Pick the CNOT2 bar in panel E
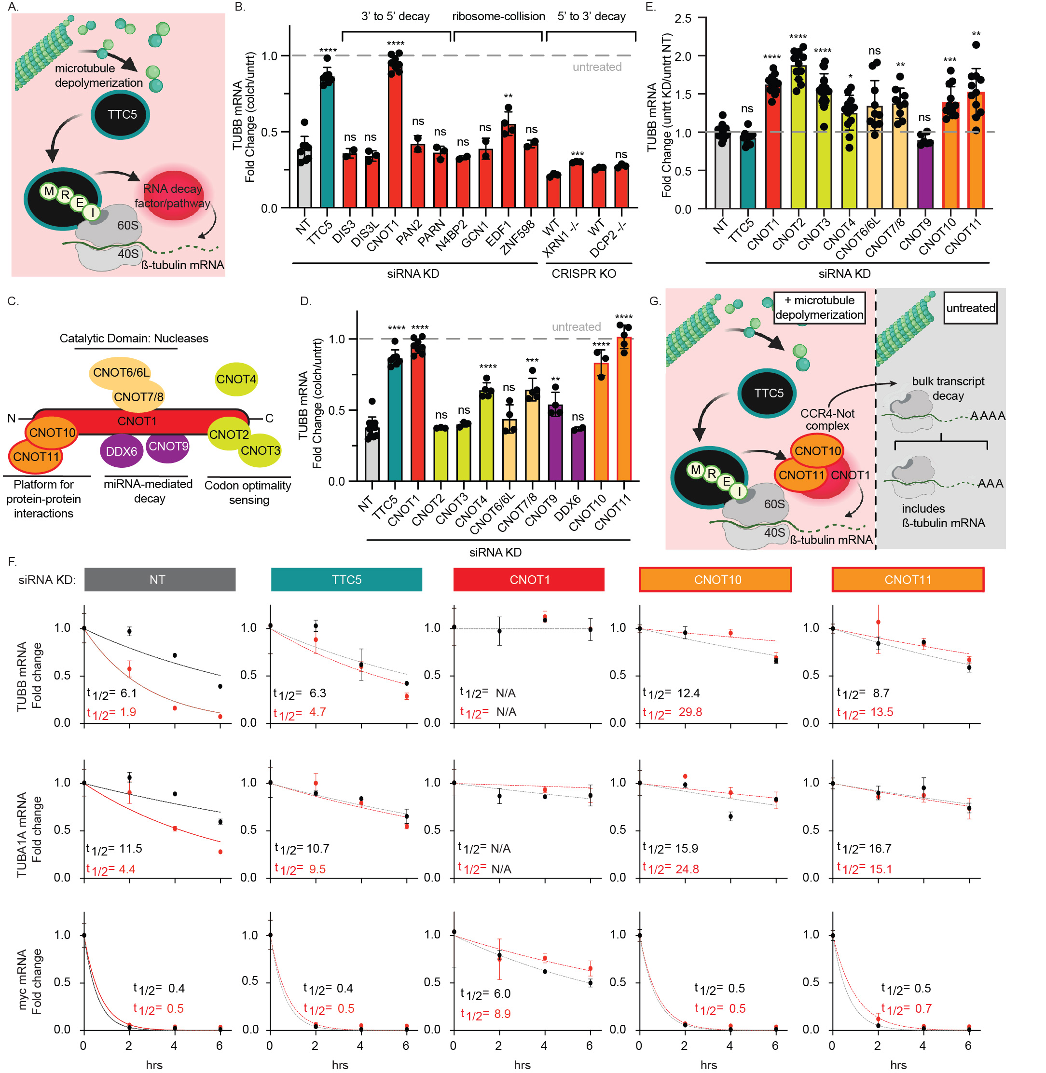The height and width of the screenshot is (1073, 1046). pos(798,137)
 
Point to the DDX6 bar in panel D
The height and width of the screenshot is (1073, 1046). pos(578,456)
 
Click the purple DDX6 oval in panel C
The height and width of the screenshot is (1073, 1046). pos(122,451)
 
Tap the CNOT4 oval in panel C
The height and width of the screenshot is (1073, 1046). pos(236,379)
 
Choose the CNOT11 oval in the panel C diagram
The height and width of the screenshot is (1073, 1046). pos(35,457)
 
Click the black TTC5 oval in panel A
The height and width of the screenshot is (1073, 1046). pos(122,114)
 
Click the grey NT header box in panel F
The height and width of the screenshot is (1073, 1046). pos(159,580)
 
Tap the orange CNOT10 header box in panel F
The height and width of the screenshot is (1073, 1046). pos(715,580)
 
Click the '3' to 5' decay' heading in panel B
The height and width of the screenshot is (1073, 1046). pos(395,16)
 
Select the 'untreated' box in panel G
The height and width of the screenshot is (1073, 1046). pos(970,308)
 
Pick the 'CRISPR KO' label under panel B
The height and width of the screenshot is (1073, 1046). pos(583,273)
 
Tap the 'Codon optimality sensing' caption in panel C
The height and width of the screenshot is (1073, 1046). pos(248,492)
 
